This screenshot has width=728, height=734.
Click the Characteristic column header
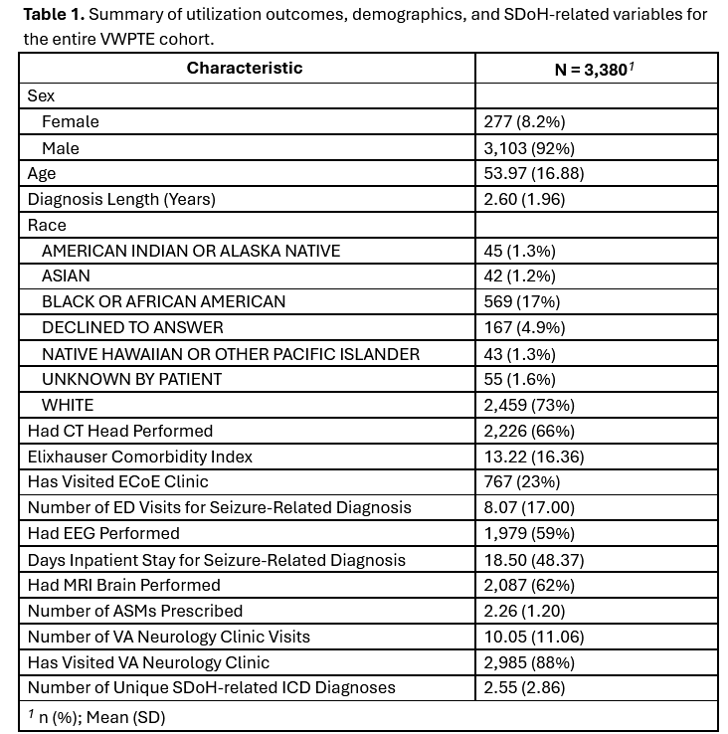pos(245,69)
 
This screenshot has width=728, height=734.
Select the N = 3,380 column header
pos(595,69)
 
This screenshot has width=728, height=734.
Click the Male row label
pos(61,147)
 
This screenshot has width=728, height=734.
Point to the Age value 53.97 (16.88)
pos(533,173)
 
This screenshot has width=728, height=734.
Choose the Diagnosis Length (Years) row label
pos(121,199)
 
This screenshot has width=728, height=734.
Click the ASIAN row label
pos(67,275)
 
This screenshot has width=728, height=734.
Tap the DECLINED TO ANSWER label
pos(132,327)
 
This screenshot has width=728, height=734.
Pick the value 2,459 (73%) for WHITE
pos(529,405)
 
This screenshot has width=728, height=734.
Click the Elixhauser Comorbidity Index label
pos(140,457)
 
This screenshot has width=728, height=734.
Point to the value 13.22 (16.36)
pos(533,457)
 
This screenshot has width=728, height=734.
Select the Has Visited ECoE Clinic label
pos(118,481)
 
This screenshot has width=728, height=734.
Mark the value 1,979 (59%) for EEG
pos(529,533)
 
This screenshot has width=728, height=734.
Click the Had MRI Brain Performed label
pos(124,585)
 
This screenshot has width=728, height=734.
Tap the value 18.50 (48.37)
pos(533,559)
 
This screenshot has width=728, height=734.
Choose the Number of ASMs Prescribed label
pos(135,611)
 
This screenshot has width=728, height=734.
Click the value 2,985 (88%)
pos(529,662)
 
